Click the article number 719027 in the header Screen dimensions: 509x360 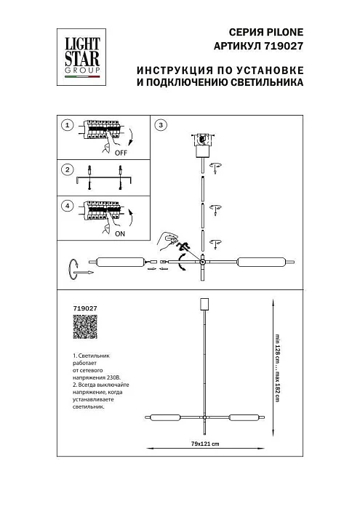point(282,46)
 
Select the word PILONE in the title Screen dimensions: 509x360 point(281,33)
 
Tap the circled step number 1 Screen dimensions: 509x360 point(67,125)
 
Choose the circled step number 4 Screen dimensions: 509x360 point(67,207)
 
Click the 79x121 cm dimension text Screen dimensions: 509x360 point(204,443)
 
